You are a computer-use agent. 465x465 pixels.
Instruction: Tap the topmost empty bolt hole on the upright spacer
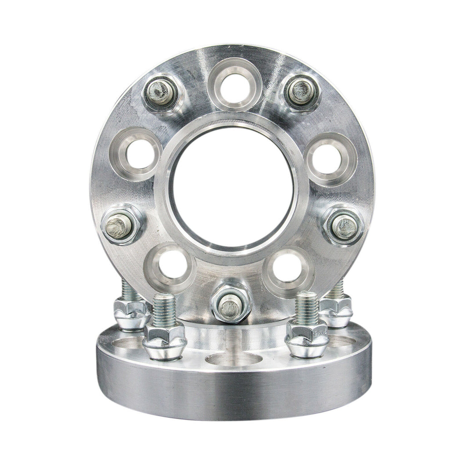pyautogui.click(x=234, y=87)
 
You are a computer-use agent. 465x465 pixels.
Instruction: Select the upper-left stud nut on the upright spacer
pyautogui.click(x=161, y=93)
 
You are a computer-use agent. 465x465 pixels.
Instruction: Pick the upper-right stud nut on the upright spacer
pyautogui.click(x=302, y=92)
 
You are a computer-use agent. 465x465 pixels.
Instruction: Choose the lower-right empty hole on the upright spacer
pyautogui.click(x=288, y=267)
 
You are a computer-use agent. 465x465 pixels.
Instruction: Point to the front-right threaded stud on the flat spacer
pyautogui.click(x=307, y=308)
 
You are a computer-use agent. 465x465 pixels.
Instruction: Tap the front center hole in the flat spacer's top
pyautogui.click(x=234, y=359)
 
